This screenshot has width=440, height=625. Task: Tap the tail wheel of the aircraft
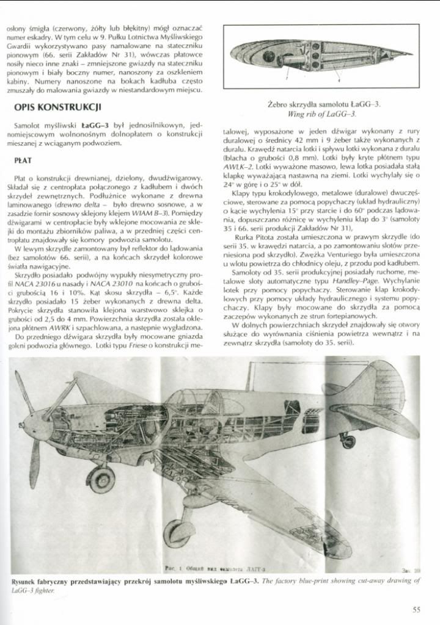pyautogui.click(x=348, y=440)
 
